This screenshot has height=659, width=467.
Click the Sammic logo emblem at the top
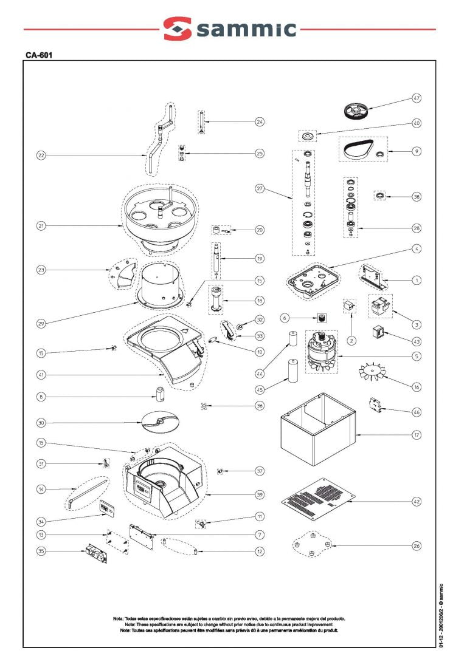click(177, 29)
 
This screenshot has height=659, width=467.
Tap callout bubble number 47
click(417, 98)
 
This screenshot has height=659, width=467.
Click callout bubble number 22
click(41, 155)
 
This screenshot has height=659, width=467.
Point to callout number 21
click(41, 226)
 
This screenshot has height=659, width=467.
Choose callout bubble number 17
click(417, 435)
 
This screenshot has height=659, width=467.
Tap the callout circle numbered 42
click(417, 502)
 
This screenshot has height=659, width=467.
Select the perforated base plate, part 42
click(319, 497)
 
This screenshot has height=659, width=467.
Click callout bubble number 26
click(417, 546)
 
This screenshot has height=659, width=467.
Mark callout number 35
click(41, 551)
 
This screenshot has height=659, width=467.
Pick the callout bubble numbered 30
click(41, 423)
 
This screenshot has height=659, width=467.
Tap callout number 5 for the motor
click(417, 356)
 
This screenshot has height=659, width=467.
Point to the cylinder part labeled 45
click(292, 370)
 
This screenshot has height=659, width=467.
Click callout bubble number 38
click(417, 197)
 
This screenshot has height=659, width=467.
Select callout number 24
click(260, 122)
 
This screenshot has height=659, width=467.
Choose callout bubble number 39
click(260, 495)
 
